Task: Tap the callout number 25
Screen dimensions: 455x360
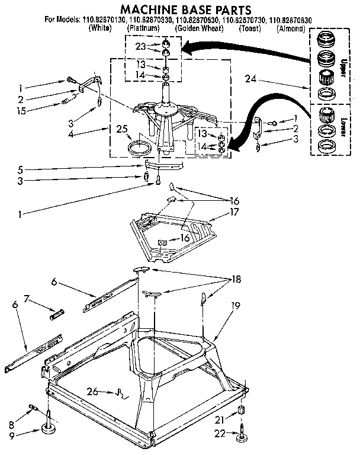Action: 122,129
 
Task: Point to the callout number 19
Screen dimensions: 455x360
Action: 235,306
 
